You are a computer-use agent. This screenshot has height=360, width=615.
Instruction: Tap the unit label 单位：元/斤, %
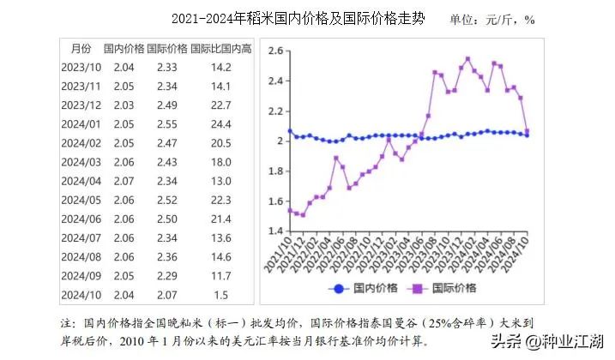coord(491,19)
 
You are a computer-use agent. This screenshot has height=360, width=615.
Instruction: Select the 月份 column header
coord(81,48)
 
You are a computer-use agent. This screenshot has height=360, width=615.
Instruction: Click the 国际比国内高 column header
coord(220,48)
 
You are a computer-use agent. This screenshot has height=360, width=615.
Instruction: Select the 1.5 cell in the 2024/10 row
coord(221,294)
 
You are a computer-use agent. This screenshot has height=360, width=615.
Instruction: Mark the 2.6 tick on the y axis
coord(274,51)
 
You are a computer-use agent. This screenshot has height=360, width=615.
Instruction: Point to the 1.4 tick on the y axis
coord(274,231)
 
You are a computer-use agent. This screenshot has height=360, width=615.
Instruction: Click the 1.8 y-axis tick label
coord(274,171)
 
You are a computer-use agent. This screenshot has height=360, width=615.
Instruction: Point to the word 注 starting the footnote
coord(67,324)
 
